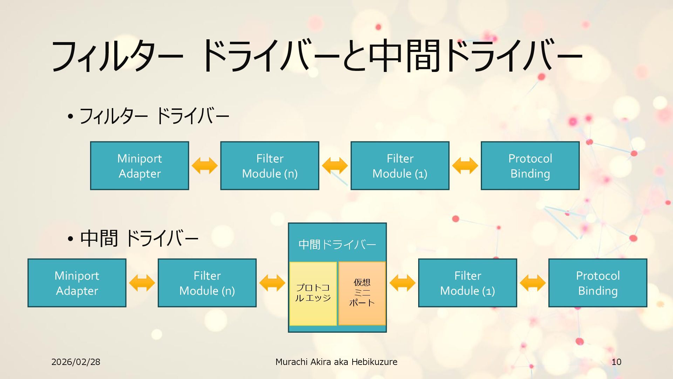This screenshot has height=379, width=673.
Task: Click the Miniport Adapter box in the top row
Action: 140,166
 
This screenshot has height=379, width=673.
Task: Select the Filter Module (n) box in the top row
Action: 270,166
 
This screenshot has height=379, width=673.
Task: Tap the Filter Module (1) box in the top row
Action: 400,166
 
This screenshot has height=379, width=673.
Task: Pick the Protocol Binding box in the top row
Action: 530,166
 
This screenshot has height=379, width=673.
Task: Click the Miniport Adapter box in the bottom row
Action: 77,283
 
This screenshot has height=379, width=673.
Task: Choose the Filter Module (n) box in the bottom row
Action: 207,283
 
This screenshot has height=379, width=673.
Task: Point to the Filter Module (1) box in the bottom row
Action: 467,283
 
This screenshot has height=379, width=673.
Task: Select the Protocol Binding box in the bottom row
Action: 598,283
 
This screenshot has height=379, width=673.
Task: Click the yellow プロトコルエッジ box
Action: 313,293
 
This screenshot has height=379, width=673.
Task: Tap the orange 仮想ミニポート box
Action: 362,293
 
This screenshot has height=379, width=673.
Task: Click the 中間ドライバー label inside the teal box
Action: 337,244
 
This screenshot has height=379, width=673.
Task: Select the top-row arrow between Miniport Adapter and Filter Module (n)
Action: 205,166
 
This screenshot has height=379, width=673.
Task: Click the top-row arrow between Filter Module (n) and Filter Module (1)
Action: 335,166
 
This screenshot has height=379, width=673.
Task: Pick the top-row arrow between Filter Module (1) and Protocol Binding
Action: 465,166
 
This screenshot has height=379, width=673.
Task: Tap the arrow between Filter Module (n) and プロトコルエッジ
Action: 272,283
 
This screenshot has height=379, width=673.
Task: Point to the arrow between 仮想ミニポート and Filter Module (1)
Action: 402,283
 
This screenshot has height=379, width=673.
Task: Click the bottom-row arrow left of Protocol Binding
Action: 533,283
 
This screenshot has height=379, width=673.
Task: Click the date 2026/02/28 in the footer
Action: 76,362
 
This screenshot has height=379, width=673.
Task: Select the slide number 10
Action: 616,362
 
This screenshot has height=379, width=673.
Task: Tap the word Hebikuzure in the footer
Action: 374,362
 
